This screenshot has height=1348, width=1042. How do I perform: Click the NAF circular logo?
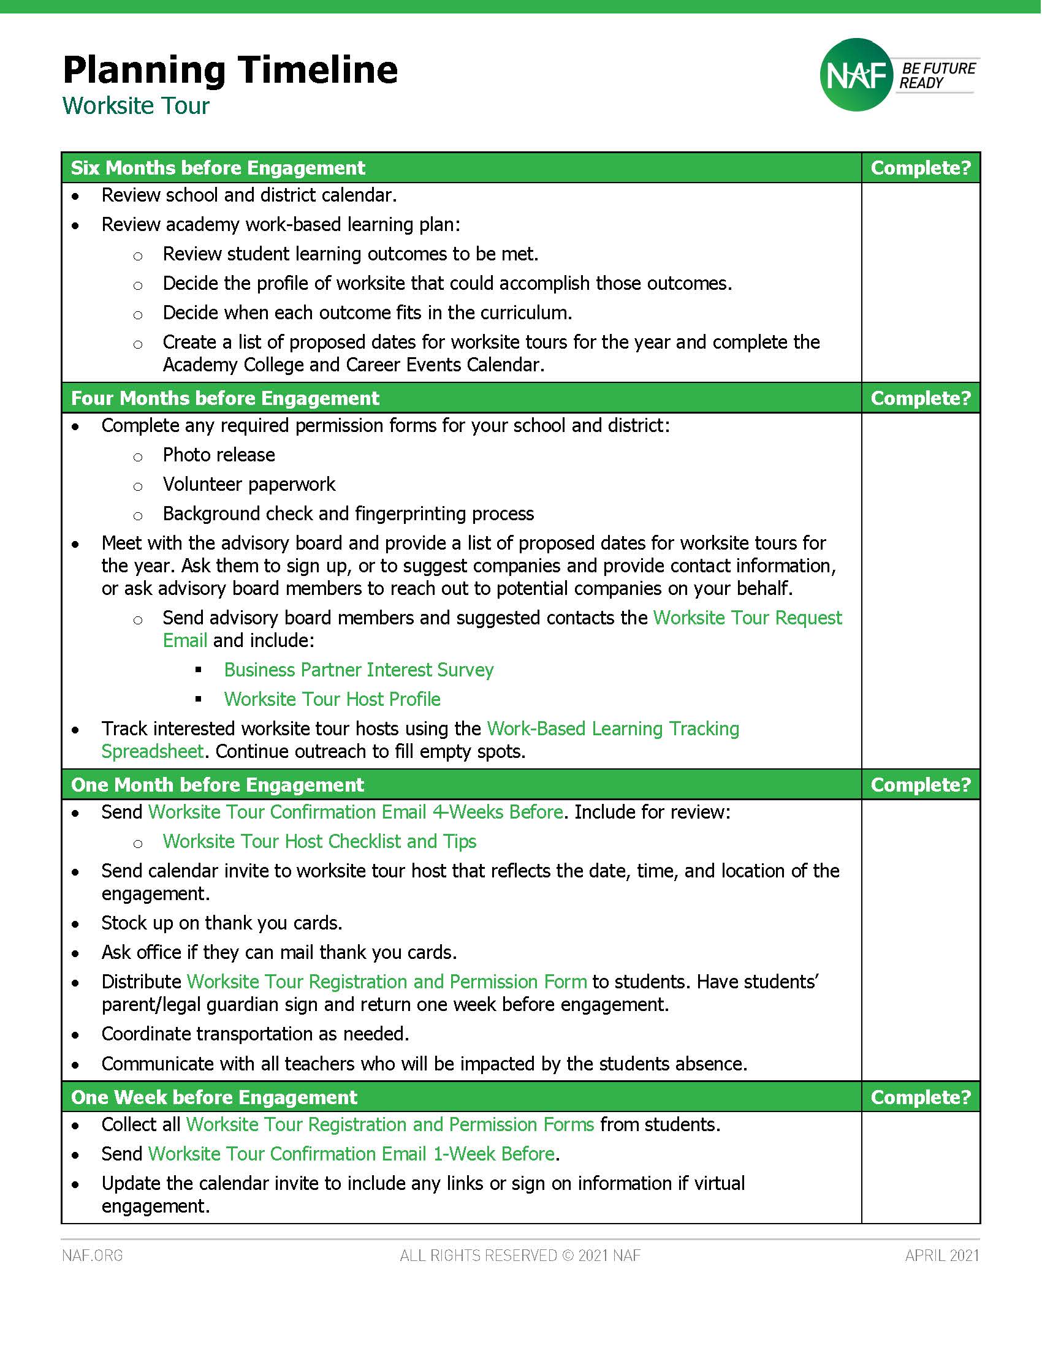coord(856,75)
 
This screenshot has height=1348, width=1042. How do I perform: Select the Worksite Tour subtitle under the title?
coord(136,105)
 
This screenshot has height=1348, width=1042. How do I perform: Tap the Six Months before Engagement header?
coord(218,168)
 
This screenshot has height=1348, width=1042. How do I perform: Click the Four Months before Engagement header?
coord(225,398)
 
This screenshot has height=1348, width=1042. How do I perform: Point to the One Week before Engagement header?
coord(213,1097)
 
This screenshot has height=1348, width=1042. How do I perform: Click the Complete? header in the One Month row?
coord(921,784)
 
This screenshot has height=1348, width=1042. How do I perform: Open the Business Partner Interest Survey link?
coord(359,670)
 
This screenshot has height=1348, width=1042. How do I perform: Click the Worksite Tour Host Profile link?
coord(332,699)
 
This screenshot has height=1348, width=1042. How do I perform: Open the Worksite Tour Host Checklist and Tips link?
coord(319,841)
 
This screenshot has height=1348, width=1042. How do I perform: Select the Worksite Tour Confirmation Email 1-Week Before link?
coord(351,1154)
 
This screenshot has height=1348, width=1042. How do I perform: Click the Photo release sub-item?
coord(219,455)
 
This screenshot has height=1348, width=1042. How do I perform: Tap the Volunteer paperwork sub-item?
coord(249,485)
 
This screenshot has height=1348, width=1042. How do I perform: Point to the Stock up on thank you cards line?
coord(222,923)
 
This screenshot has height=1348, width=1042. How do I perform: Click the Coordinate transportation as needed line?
coord(255,1034)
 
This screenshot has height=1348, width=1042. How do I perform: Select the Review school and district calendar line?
coord(249,195)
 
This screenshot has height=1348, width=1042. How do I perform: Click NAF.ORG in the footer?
coord(93,1255)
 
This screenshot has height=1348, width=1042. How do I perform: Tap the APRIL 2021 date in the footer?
coord(941,1255)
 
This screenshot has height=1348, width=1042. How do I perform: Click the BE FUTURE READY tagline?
coord(937,75)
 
